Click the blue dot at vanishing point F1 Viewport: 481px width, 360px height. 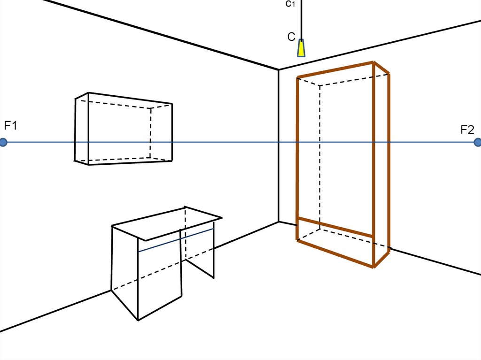coord(3,142)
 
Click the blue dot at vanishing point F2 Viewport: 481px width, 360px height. coord(478,142)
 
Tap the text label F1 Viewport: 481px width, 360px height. coord(10,126)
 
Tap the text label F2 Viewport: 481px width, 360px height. coord(467,130)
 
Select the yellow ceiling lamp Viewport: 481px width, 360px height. coord(301,48)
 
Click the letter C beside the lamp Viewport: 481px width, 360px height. coord(291,37)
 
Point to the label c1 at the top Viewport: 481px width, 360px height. coord(290,4)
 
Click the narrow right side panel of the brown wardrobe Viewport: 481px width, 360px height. coord(381,164)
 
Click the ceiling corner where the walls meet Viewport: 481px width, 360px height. coord(279,70)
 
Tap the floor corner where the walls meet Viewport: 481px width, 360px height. coord(279,222)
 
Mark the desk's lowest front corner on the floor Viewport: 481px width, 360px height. coord(138,320)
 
